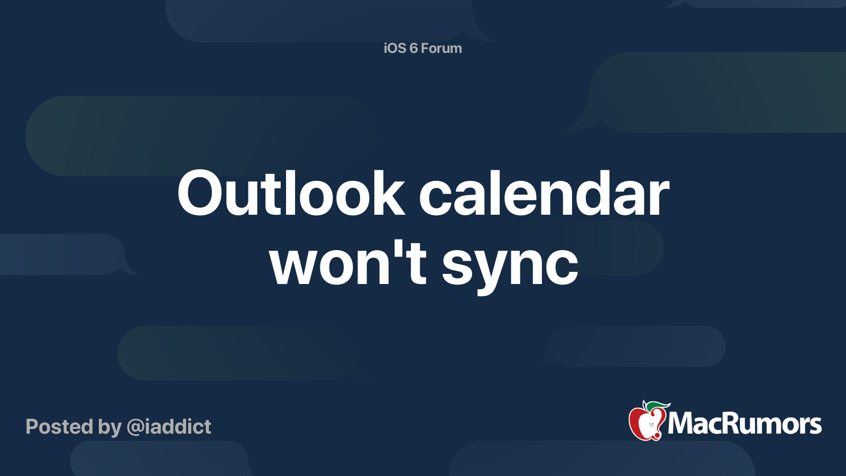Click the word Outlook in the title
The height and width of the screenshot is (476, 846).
pos(291,193)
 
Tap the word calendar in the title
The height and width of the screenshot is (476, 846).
pos(544,193)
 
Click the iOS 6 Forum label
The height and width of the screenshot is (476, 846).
pos(422,48)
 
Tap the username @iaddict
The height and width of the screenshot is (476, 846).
pos(169,427)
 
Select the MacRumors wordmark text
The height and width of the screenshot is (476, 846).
pos(744,424)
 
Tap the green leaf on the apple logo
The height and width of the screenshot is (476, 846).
pos(658,406)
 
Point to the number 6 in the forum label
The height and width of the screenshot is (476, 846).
pos(413,48)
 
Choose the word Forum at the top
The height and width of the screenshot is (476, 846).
pos(441,48)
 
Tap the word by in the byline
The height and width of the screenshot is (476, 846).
pos(110,428)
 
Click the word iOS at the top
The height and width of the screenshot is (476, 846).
pos(395,48)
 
